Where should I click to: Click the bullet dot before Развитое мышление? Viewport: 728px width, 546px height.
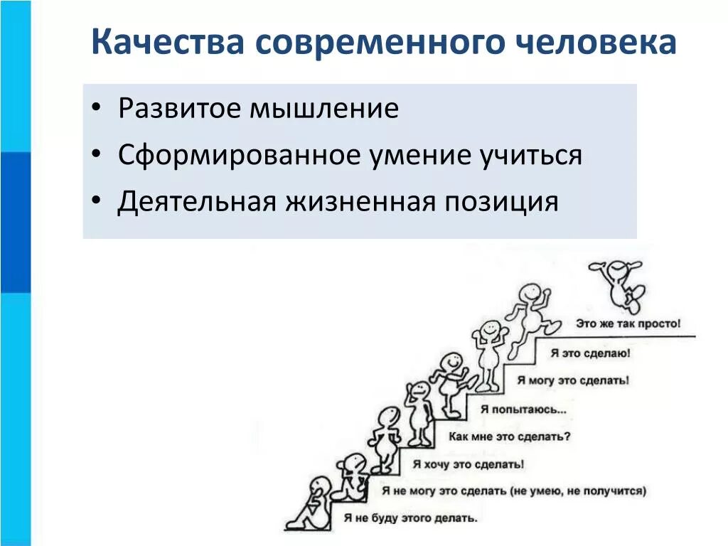[97, 110]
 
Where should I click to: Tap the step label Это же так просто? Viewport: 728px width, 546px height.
[628, 323]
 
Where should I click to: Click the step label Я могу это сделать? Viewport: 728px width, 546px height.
[573, 380]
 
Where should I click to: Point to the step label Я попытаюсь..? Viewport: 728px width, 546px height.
[523, 409]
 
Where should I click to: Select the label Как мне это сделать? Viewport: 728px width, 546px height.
[509, 437]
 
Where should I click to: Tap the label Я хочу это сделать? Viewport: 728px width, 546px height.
[464, 464]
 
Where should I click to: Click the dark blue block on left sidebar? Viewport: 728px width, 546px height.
[15, 222]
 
